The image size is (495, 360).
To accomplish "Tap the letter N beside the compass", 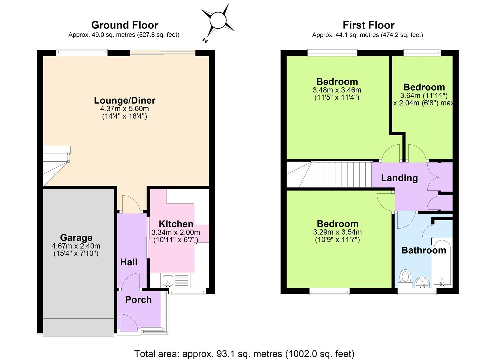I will (205, 41).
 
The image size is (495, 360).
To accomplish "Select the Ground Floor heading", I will (124, 25).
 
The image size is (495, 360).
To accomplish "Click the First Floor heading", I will (368, 25).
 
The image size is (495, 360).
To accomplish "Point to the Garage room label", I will (76, 238).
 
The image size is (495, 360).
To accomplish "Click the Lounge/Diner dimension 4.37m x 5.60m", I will (124, 109).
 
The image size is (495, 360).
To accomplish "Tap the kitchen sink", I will (167, 280).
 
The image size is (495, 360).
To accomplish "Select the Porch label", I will (138, 300).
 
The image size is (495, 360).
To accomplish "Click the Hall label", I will (129, 262).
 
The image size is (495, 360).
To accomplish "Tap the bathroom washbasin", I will (422, 283).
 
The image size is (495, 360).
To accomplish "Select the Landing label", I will (399, 178).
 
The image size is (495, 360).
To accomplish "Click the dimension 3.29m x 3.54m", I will (337, 232).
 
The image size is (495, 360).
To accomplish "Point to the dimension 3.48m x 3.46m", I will (337, 90).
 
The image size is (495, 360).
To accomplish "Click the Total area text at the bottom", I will (244, 353).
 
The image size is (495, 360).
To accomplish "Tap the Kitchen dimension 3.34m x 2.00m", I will (176, 232).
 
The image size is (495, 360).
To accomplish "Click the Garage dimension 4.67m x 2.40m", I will (76, 246).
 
